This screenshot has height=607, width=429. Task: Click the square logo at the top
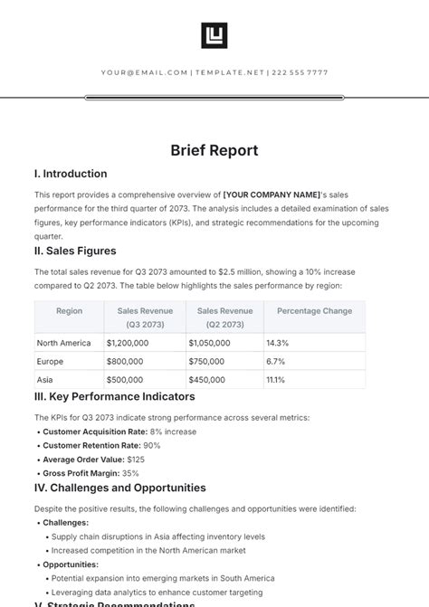pyautogui.click(x=214, y=35)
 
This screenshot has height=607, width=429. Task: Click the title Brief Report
pyautogui.click(x=214, y=150)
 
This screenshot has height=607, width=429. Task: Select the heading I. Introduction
pyautogui.click(x=71, y=174)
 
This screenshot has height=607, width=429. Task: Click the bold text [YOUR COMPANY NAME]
pyautogui.click(x=272, y=194)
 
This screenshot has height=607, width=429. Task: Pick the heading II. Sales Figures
pyautogui.click(x=75, y=251)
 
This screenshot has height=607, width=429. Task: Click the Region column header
pyautogui.click(x=69, y=311)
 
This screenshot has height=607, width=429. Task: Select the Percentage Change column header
pyautogui.click(x=314, y=311)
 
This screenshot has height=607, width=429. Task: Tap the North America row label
pyautogui.click(x=64, y=343)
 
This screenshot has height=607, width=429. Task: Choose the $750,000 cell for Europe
pyautogui.click(x=209, y=361)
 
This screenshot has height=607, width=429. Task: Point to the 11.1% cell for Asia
pyautogui.click(x=276, y=380)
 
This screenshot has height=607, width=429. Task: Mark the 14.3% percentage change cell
pyautogui.click(x=277, y=343)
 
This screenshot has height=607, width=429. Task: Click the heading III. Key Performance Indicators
pyautogui.click(x=115, y=396)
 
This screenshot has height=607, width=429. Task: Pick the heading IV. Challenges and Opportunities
pyautogui.click(x=120, y=488)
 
